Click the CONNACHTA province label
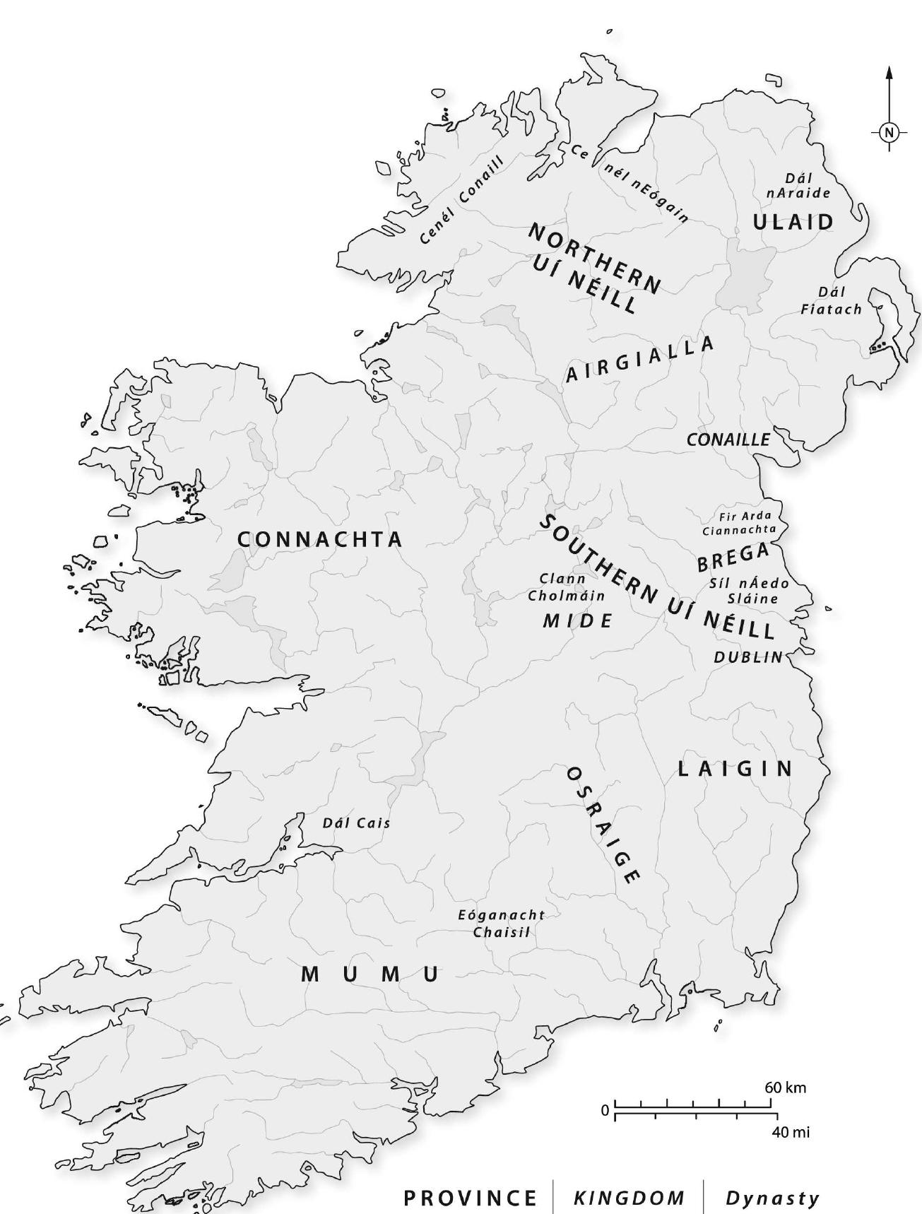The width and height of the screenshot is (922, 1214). (x=319, y=540)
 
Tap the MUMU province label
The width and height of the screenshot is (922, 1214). (x=370, y=974)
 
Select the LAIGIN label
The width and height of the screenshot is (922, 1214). (x=735, y=769)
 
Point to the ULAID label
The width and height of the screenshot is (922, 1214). (x=793, y=222)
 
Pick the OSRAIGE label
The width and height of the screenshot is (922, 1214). (x=604, y=824)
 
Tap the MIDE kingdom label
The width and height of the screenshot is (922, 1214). (x=577, y=621)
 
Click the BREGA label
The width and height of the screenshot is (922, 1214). (x=733, y=558)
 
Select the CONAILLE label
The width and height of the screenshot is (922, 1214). (x=728, y=440)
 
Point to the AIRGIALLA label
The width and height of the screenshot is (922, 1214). (x=640, y=360)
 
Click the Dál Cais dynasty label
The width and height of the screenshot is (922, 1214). (x=356, y=823)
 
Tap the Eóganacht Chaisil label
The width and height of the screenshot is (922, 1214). (x=502, y=924)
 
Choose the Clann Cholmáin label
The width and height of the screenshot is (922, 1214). (x=567, y=587)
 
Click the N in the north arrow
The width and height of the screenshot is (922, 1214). (x=889, y=131)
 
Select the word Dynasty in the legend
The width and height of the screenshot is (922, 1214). (x=773, y=1198)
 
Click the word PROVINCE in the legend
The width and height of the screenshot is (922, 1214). (x=470, y=1198)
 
